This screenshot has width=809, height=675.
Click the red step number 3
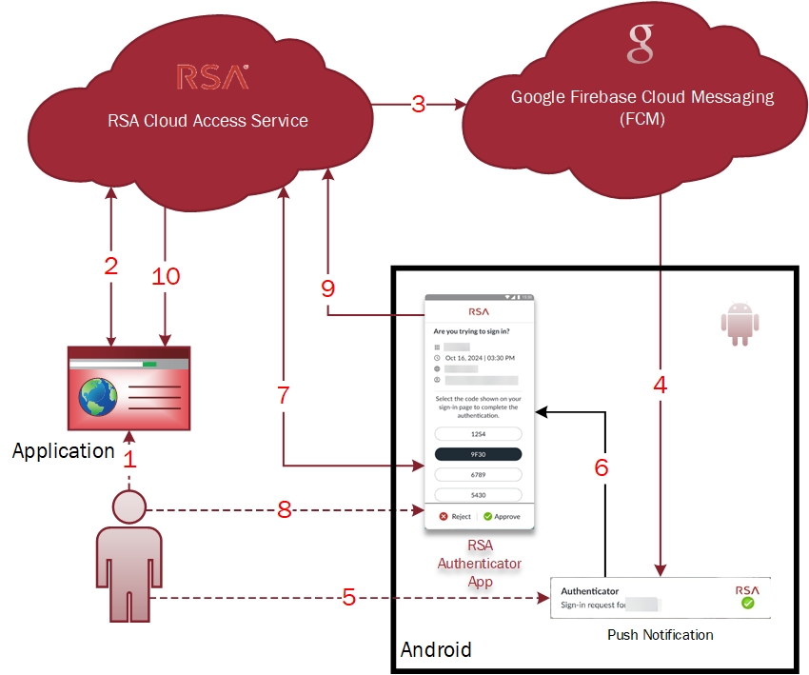[418, 105]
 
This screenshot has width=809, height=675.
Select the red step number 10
[166, 276]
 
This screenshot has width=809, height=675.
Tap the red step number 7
[283, 396]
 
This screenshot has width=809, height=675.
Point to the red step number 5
[348, 598]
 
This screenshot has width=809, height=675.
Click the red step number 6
[600, 467]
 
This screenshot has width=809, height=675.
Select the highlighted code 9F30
[478, 454]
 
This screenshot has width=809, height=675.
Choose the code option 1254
[478, 433]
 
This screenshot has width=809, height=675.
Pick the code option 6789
[478, 474]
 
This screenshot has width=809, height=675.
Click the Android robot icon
[740, 324]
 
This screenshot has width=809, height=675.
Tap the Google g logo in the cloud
[641, 43]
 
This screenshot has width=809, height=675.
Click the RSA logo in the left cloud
[213, 77]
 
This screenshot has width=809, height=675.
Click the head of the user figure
[128, 506]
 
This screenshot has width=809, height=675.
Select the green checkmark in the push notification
[747, 604]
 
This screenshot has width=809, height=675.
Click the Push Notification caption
[660, 635]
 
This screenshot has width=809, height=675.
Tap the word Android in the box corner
[436, 650]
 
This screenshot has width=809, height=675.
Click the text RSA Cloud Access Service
[207, 121]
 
